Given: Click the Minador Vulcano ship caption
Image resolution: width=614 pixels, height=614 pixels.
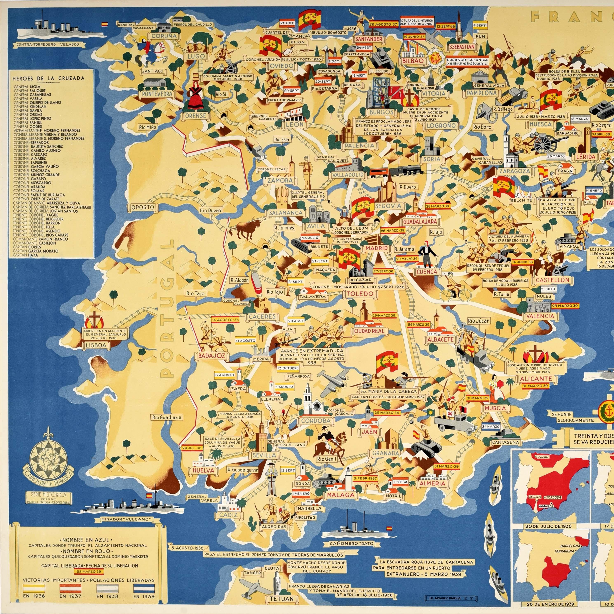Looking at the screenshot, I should click(125, 519).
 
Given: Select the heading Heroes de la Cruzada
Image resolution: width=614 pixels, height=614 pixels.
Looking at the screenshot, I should click(48, 78).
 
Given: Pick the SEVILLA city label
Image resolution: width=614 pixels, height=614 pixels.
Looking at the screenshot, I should click(264, 455).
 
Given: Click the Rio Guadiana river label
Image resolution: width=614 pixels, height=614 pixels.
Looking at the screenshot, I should click(166, 417).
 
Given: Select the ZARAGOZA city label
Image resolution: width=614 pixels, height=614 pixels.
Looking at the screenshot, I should click(514, 171).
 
